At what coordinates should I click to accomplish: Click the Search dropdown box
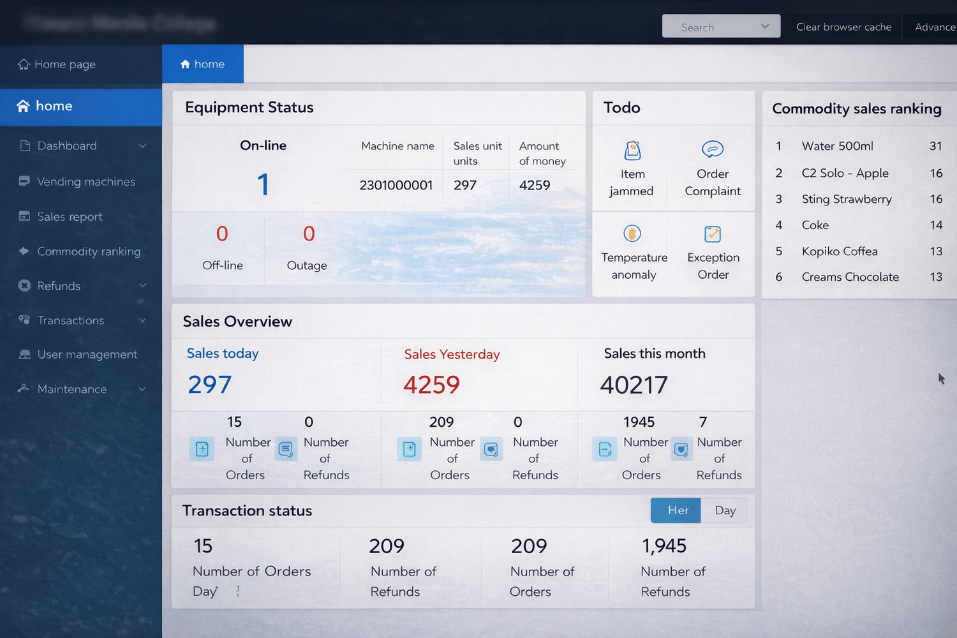pyautogui.click(x=721, y=27)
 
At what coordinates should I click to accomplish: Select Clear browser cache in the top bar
pyautogui.click(x=843, y=27)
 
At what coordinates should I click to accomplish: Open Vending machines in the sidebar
pyautogui.click(x=86, y=182)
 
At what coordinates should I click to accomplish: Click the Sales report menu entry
pyautogui.click(x=70, y=217)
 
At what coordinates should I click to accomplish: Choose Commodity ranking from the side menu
pyautogui.click(x=89, y=251)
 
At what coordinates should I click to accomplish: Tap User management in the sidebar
pyautogui.click(x=87, y=355)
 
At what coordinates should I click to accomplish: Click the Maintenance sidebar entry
pyautogui.click(x=71, y=389)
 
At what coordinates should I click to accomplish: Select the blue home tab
pyautogui.click(x=203, y=64)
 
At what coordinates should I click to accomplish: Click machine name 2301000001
pyautogui.click(x=396, y=186)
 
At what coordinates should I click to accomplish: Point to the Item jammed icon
pyautogui.click(x=632, y=151)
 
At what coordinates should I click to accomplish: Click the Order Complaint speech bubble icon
pyautogui.click(x=712, y=149)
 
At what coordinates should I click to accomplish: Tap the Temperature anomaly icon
pyautogui.click(x=632, y=234)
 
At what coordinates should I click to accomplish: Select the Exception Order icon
pyautogui.click(x=713, y=234)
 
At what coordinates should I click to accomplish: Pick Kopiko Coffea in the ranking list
pyautogui.click(x=840, y=251)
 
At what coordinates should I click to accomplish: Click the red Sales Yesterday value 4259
pyautogui.click(x=431, y=385)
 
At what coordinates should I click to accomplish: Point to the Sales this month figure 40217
pyautogui.click(x=634, y=385)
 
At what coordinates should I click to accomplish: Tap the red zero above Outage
pyautogui.click(x=309, y=234)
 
